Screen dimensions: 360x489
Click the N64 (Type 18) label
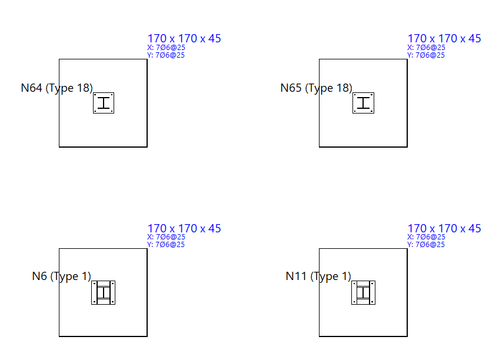[x=56, y=88]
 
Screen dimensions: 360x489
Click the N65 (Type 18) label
[x=316, y=88]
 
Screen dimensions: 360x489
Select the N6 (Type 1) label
[x=62, y=276]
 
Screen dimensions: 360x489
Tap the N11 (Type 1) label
[x=318, y=276]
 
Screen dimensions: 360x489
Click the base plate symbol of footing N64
[x=104, y=103]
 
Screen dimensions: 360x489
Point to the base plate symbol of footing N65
[x=364, y=103]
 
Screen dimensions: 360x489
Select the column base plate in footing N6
[x=103, y=292]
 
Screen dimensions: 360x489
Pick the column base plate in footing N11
[x=364, y=292]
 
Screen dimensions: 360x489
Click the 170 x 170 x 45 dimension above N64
[x=184, y=39]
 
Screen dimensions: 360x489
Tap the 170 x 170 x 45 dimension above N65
[x=444, y=39]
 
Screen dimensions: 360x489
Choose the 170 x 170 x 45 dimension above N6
[x=184, y=228]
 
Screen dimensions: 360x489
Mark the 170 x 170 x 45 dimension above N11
[x=444, y=228]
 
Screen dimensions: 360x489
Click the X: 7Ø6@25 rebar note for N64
[x=166, y=48]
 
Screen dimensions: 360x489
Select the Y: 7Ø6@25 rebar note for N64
[x=166, y=55]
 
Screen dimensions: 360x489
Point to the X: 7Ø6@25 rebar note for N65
[x=426, y=48]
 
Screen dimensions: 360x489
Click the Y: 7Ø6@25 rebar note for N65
[x=426, y=55]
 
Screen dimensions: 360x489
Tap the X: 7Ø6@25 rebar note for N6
[x=166, y=237]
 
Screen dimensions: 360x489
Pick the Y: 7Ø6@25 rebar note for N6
[x=166, y=245]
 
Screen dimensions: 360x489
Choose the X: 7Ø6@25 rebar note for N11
[x=426, y=237]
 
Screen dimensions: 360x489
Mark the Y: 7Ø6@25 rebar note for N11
[x=426, y=245]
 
